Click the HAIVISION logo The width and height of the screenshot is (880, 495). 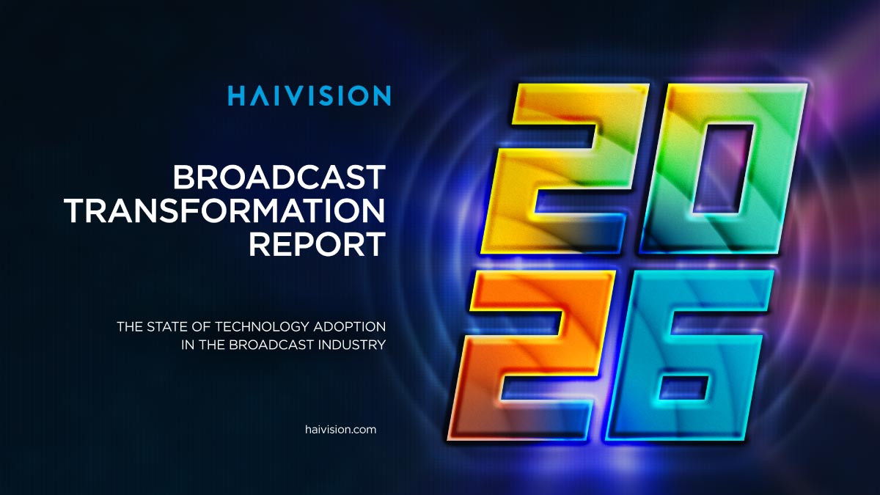(309, 96)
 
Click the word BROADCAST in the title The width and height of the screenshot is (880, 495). (279, 177)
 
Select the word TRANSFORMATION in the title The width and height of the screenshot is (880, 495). (225, 211)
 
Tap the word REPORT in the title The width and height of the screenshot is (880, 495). (317, 245)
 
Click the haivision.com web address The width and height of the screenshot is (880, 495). (340, 430)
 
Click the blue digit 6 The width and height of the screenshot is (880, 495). (689, 359)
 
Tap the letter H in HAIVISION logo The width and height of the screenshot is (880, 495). (235, 96)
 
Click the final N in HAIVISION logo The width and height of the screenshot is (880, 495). (381, 96)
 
